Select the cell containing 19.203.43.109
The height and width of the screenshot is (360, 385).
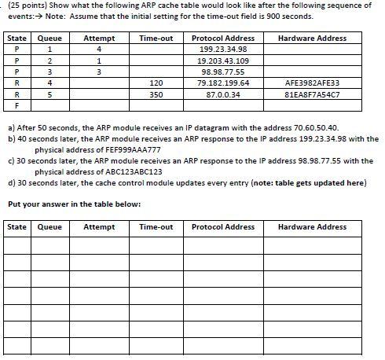tap(223, 61)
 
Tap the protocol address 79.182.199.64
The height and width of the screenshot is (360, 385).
tap(223, 83)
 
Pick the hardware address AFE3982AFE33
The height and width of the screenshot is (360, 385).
tap(312, 83)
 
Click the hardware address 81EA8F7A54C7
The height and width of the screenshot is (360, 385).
tap(312, 94)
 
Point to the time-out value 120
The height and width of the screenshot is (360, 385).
tap(156, 83)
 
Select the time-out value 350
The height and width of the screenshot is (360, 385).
tap(156, 94)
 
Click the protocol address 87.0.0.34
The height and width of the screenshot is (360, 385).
tap(223, 94)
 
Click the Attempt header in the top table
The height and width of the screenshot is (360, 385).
tap(99, 38)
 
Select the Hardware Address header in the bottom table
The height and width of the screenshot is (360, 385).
tap(312, 227)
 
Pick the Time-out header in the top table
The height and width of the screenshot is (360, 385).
tap(156, 38)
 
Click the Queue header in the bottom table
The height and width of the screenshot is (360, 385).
tap(49, 227)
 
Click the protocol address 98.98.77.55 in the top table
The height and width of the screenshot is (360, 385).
tap(223, 72)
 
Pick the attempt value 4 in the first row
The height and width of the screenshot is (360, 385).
tap(99, 50)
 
